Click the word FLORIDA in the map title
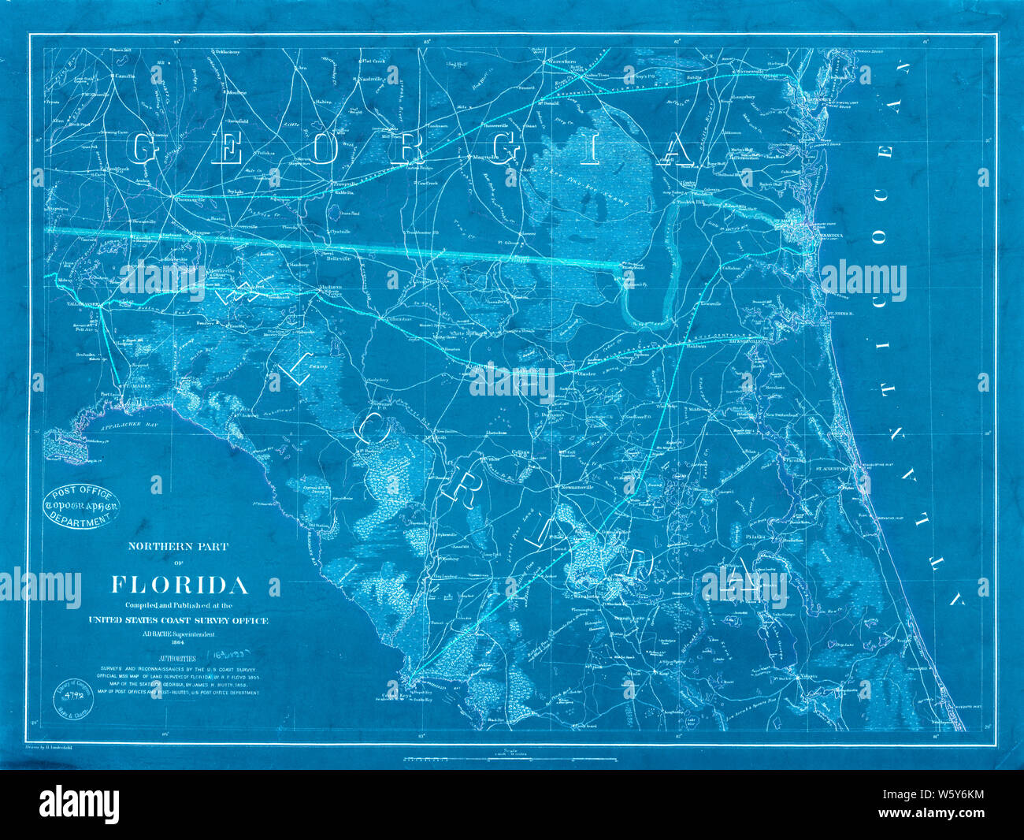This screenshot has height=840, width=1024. click(x=180, y=585)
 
